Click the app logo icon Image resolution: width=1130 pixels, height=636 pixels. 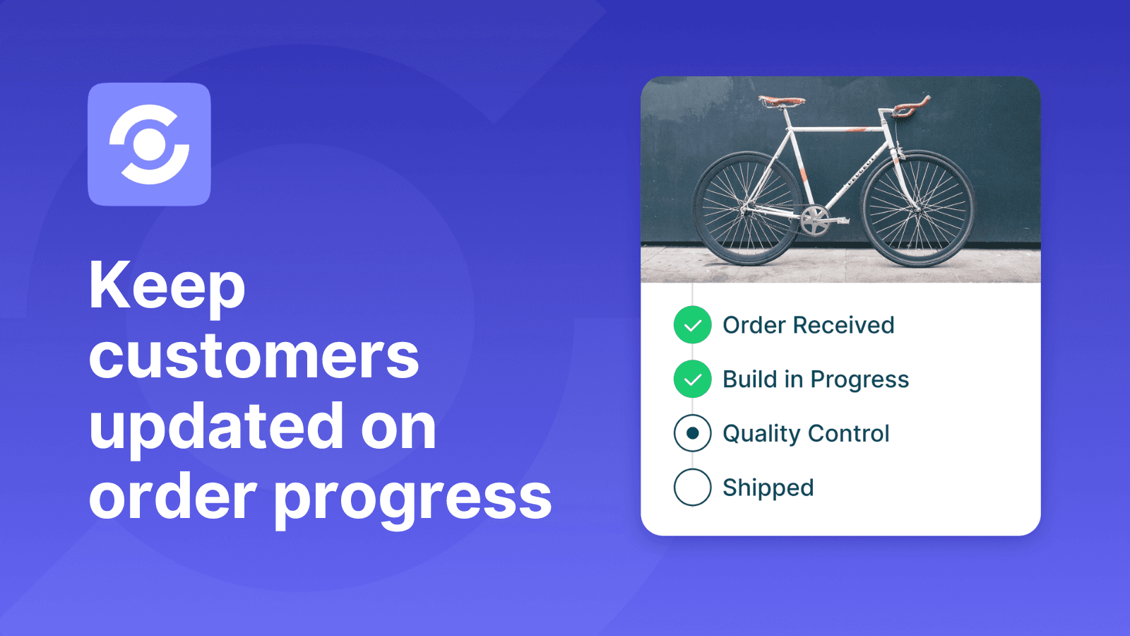[x=149, y=144]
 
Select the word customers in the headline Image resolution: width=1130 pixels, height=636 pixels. [x=254, y=356]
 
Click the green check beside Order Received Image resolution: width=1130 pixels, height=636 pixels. [x=693, y=324]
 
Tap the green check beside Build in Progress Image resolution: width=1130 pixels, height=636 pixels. [x=693, y=379]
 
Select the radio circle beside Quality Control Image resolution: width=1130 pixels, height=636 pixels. [x=693, y=433]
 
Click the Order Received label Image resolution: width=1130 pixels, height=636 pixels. [x=808, y=324]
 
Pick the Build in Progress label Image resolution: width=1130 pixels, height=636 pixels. [x=816, y=379]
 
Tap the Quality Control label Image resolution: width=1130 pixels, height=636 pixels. [x=806, y=434]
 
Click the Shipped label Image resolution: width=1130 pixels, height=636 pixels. [x=768, y=488]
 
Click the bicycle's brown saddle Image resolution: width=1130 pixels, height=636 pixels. [x=781, y=101]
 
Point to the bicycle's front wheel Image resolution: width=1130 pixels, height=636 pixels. [x=917, y=209]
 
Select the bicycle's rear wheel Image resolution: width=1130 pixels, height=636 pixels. [x=747, y=209]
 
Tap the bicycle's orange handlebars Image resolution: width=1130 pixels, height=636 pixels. [x=911, y=106]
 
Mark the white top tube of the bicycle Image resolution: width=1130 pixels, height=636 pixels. [x=838, y=130]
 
